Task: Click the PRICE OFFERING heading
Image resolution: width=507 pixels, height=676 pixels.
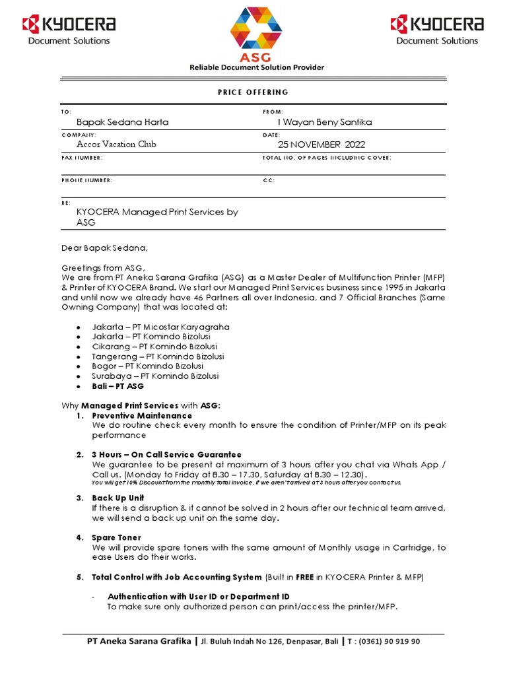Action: tap(253, 92)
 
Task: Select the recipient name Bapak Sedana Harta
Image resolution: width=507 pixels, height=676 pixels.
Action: tap(123, 122)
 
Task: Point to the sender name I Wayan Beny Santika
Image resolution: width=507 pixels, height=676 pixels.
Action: tap(325, 122)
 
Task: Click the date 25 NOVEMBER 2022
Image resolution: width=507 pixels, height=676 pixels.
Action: tap(321, 144)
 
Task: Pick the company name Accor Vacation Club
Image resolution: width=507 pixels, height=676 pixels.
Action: tap(117, 144)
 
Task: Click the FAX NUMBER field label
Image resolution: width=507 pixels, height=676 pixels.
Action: tap(82, 158)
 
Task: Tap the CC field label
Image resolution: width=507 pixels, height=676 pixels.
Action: tap(269, 180)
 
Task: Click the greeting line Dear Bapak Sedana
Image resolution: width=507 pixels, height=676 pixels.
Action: tap(106, 248)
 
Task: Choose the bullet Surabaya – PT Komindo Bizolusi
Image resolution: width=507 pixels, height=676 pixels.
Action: tap(155, 376)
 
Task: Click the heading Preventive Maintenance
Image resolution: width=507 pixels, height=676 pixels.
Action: tap(142, 416)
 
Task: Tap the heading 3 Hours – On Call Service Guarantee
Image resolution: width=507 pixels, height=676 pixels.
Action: tap(166, 455)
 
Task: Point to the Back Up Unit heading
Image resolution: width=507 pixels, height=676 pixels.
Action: tap(118, 498)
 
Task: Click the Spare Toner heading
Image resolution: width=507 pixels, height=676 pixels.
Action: tap(117, 538)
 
